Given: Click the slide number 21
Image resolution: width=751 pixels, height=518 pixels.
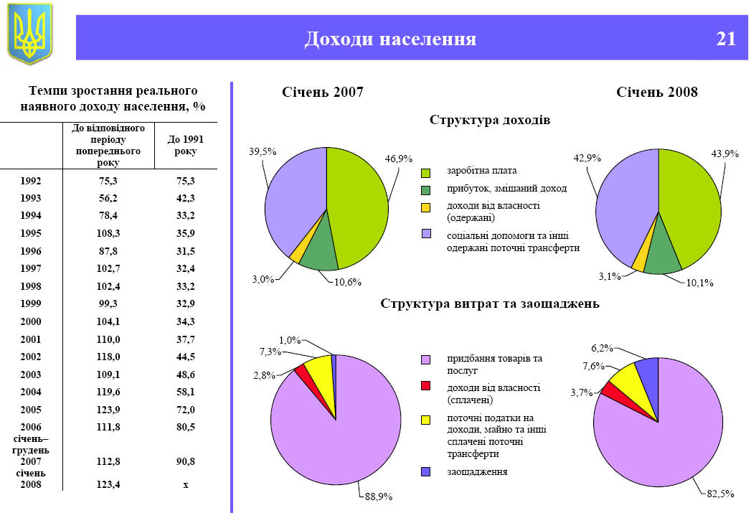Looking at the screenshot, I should point(726,38).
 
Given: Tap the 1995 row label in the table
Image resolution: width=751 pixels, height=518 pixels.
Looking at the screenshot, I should point(31,232).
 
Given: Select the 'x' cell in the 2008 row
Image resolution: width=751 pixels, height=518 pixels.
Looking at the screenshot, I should point(185,485).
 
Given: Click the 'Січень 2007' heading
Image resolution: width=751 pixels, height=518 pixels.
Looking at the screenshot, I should point(322,93).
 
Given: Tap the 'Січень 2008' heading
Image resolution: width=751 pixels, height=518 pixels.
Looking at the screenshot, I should point(657,93).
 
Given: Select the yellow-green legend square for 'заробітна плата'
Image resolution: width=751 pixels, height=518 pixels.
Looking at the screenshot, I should point(426,173).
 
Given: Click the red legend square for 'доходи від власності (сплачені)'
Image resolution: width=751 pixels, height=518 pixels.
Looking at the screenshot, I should point(426,387).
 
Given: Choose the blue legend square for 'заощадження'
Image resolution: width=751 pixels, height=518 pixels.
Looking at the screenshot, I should point(426,471).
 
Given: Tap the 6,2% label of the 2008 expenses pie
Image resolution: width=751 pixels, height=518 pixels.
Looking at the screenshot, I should point(603,348).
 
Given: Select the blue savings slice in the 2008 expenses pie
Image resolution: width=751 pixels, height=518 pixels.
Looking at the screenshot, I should point(648,368).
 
